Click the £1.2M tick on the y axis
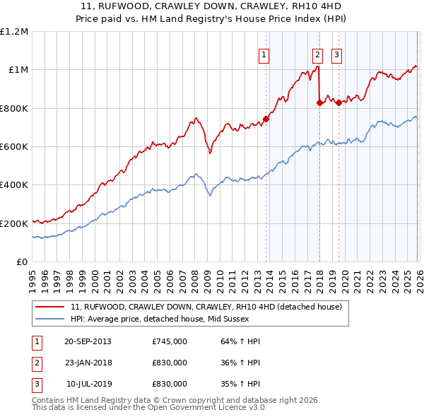tap(14, 32)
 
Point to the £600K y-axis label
tap(14, 147)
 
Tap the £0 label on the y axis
tap(21, 262)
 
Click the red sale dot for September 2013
tap(266, 119)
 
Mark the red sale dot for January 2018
tap(319, 102)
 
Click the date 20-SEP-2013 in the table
tap(88, 341)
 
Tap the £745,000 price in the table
tap(170, 341)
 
